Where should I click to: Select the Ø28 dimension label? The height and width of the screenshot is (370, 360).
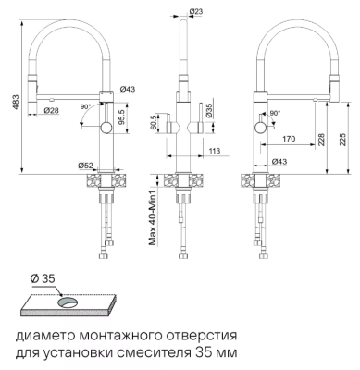(52, 111)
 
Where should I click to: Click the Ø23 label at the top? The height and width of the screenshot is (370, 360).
(196, 10)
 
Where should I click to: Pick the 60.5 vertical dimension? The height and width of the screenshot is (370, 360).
(151, 123)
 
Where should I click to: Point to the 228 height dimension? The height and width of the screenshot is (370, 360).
(322, 138)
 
